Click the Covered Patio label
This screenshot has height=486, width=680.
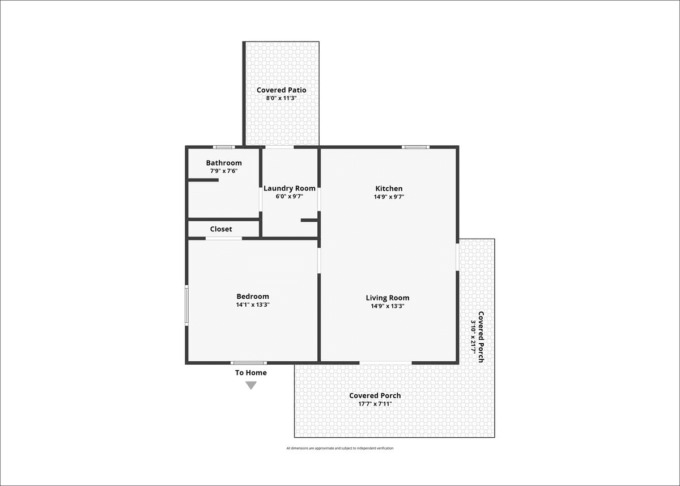pos(282,90)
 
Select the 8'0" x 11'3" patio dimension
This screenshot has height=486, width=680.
pos(282,98)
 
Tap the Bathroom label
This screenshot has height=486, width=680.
pos(224,163)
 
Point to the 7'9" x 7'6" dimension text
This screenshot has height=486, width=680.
pos(224,171)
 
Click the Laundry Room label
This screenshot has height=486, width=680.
pos(290,188)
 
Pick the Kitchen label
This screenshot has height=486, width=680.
pos(389,188)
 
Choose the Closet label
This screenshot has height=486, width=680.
pos(221,229)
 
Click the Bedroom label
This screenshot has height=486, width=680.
pos(253,297)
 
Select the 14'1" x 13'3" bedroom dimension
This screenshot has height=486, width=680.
pos(253,305)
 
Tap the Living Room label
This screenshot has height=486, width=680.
pos(388,298)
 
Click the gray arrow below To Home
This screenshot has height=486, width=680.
pos(251,385)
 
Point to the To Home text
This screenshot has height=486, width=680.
pos(251,373)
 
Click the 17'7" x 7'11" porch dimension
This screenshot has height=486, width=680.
pos(375,404)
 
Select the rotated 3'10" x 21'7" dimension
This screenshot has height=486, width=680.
pos(473,337)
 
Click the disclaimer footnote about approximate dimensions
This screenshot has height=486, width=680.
pos(340,448)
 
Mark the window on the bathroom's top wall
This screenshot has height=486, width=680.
pos(224,147)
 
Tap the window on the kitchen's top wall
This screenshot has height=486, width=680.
pos(415,147)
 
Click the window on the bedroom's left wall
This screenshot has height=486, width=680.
pos(186,305)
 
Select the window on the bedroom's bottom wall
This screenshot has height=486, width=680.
pos(249,363)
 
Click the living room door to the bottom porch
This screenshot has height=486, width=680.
pos(385,363)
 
